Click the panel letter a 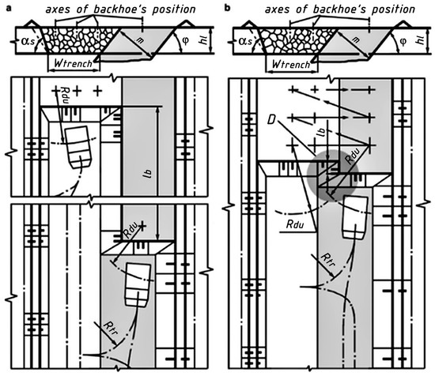(x=9, y=9)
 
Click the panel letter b (x=228, y=8)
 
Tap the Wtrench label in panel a (x=74, y=63)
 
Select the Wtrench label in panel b (x=291, y=64)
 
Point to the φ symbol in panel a (x=186, y=41)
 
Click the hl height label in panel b (x=422, y=39)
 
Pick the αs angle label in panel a (x=28, y=41)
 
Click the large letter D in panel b (x=271, y=119)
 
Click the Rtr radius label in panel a (x=110, y=328)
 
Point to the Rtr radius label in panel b (x=328, y=259)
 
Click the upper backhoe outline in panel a (x=78, y=147)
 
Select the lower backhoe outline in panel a (x=138, y=285)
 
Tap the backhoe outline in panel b (x=355, y=217)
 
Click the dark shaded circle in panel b (x=333, y=176)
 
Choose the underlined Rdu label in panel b (x=295, y=224)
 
